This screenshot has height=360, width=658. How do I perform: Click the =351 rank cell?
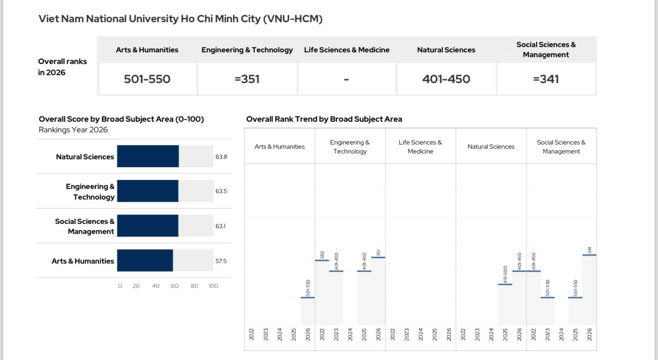(247, 79)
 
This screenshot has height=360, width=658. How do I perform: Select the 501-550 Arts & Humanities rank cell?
(147, 79)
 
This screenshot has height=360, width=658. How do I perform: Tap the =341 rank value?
(546, 79)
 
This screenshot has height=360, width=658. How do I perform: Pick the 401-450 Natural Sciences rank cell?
(446, 79)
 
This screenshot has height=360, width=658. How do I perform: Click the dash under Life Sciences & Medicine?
(346, 79)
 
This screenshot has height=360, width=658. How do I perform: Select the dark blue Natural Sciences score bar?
(148, 156)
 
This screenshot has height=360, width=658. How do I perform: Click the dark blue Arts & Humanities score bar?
(145, 260)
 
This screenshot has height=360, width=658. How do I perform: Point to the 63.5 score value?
(221, 191)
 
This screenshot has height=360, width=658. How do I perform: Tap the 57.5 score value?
(221, 261)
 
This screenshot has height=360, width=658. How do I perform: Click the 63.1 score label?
(220, 226)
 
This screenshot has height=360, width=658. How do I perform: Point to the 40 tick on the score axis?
(156, 286)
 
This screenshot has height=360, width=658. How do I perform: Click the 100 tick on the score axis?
(214, 286)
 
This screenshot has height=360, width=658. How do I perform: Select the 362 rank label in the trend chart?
(322, 255)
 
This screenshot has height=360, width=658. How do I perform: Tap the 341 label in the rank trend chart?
(589, 250)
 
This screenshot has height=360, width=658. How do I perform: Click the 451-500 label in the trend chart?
(505, 275)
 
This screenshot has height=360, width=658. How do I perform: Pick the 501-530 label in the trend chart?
(547, 288)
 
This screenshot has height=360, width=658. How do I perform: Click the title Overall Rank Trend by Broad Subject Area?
(324, 119)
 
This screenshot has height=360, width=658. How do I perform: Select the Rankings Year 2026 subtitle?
(73, 130)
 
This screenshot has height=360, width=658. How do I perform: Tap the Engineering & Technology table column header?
(247, 50)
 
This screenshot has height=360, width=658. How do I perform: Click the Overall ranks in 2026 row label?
(63, 67)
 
